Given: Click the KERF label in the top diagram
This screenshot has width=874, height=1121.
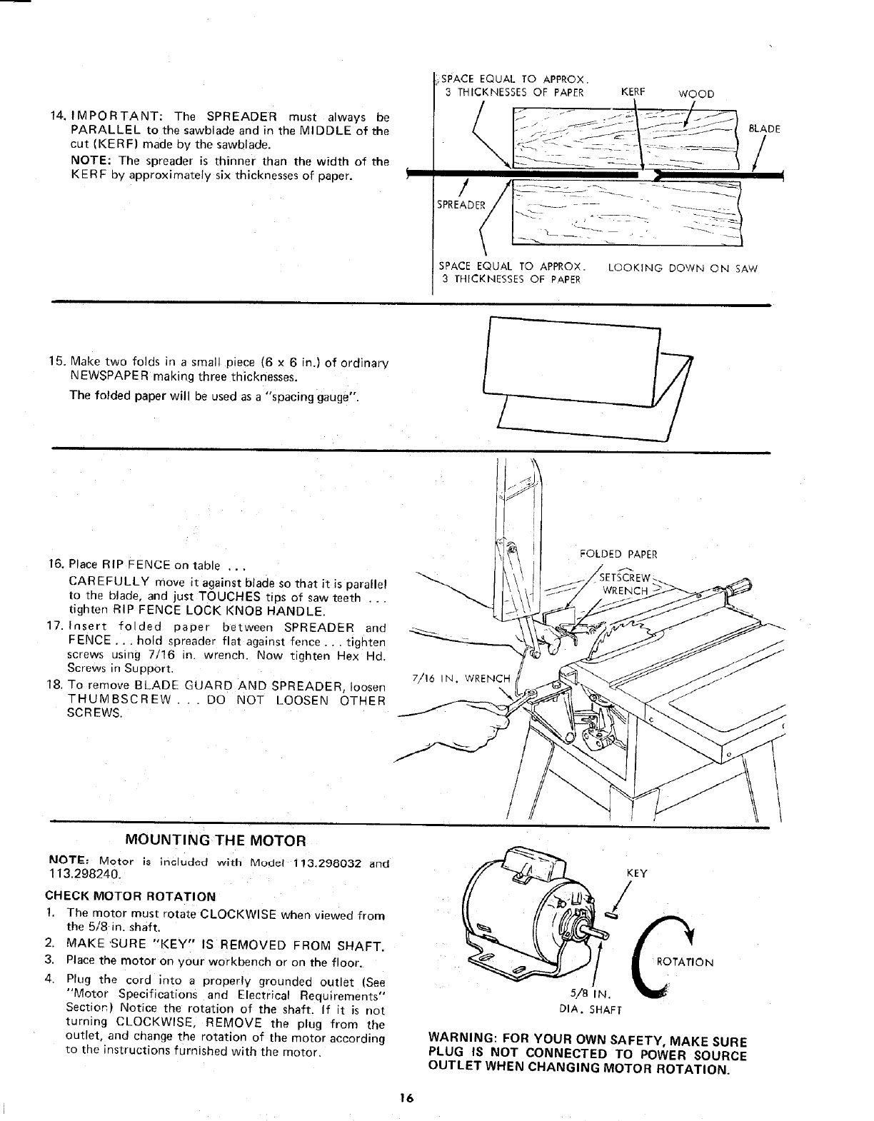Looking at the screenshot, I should coord(633,92).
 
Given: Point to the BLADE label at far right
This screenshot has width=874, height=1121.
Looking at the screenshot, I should coord(763,129).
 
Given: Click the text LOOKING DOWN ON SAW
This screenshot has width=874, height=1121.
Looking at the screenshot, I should coord(682,268).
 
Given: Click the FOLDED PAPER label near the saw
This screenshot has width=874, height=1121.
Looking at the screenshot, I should coord(619,554).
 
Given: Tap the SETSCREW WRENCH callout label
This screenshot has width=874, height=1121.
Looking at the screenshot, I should coord(626,584).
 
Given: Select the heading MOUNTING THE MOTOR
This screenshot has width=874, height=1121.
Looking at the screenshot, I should coord(215,840).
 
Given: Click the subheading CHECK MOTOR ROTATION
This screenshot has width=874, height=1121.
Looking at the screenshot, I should coord(130,897).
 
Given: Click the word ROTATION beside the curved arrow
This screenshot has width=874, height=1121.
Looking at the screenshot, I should coord(684,962).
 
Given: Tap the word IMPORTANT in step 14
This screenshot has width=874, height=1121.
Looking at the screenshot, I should coord(119,116).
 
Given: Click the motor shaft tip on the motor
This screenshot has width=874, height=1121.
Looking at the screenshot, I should coord(607,931).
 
